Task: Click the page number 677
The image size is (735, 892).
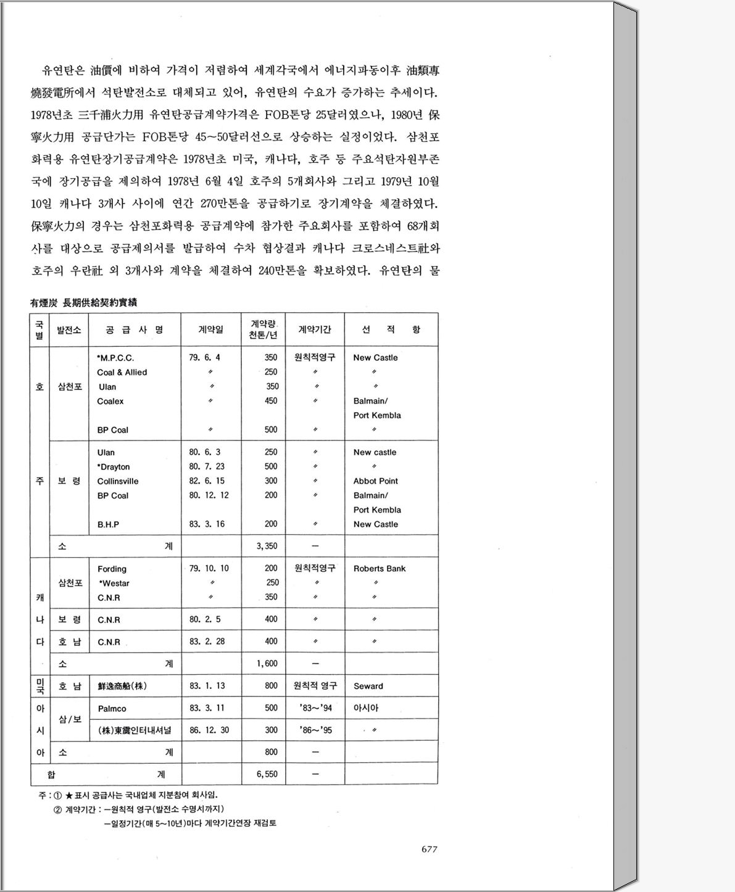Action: [x=429, y=849]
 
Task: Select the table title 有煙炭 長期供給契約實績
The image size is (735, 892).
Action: [x=83, y=303]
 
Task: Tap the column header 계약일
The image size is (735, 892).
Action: [x=210, y=330]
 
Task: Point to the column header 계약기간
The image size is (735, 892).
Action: [x=315, y=330]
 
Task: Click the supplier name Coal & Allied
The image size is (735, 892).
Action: [x=122, y=373]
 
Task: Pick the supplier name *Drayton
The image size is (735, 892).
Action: [x=114, y=467]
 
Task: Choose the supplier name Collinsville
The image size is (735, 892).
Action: [x=118, y=481]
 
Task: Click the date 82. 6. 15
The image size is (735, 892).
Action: [x=207, y=481]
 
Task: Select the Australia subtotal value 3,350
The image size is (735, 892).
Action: [x=267, y=546]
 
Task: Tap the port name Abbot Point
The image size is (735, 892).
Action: [x=375, y=481]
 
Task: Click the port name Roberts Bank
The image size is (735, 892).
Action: [x=380, y=569]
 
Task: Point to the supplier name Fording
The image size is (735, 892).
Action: [x=112, y=569]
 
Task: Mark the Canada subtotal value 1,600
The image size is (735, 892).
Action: [x=267, y=664]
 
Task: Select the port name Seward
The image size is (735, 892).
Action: [x=368, y=686]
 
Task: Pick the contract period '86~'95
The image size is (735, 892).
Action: [x=315, y=730]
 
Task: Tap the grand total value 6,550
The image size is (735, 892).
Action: [x=267, y=774]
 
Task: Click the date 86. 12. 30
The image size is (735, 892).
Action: [x=209, y=730]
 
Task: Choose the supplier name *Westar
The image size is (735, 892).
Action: [x=114, y=584]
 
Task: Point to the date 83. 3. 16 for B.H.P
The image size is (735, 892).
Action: [x=207, y=524]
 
